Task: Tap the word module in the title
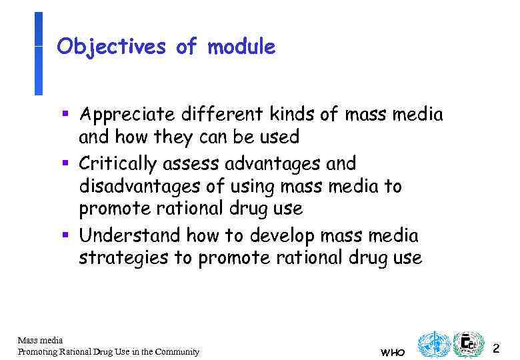(241, 47)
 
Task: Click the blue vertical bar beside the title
(38, 53)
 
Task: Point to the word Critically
(117, 163)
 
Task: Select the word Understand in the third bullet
(130, 235)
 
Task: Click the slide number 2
(495, 347)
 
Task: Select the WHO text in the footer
(391, 352)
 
